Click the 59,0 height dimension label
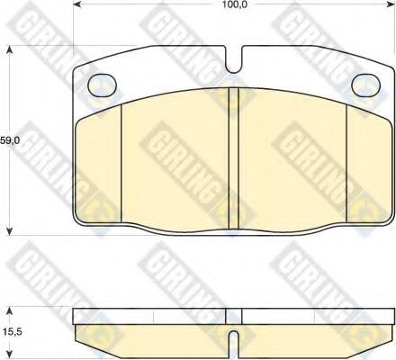point(9,140)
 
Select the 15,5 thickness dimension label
point(11,332)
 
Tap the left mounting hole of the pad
point(102,85)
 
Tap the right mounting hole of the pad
point(365,85)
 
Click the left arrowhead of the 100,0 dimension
point(77,4)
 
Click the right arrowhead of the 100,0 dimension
point(391,4)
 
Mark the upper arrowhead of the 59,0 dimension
point(10,49)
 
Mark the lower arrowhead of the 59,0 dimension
point(10,230)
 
